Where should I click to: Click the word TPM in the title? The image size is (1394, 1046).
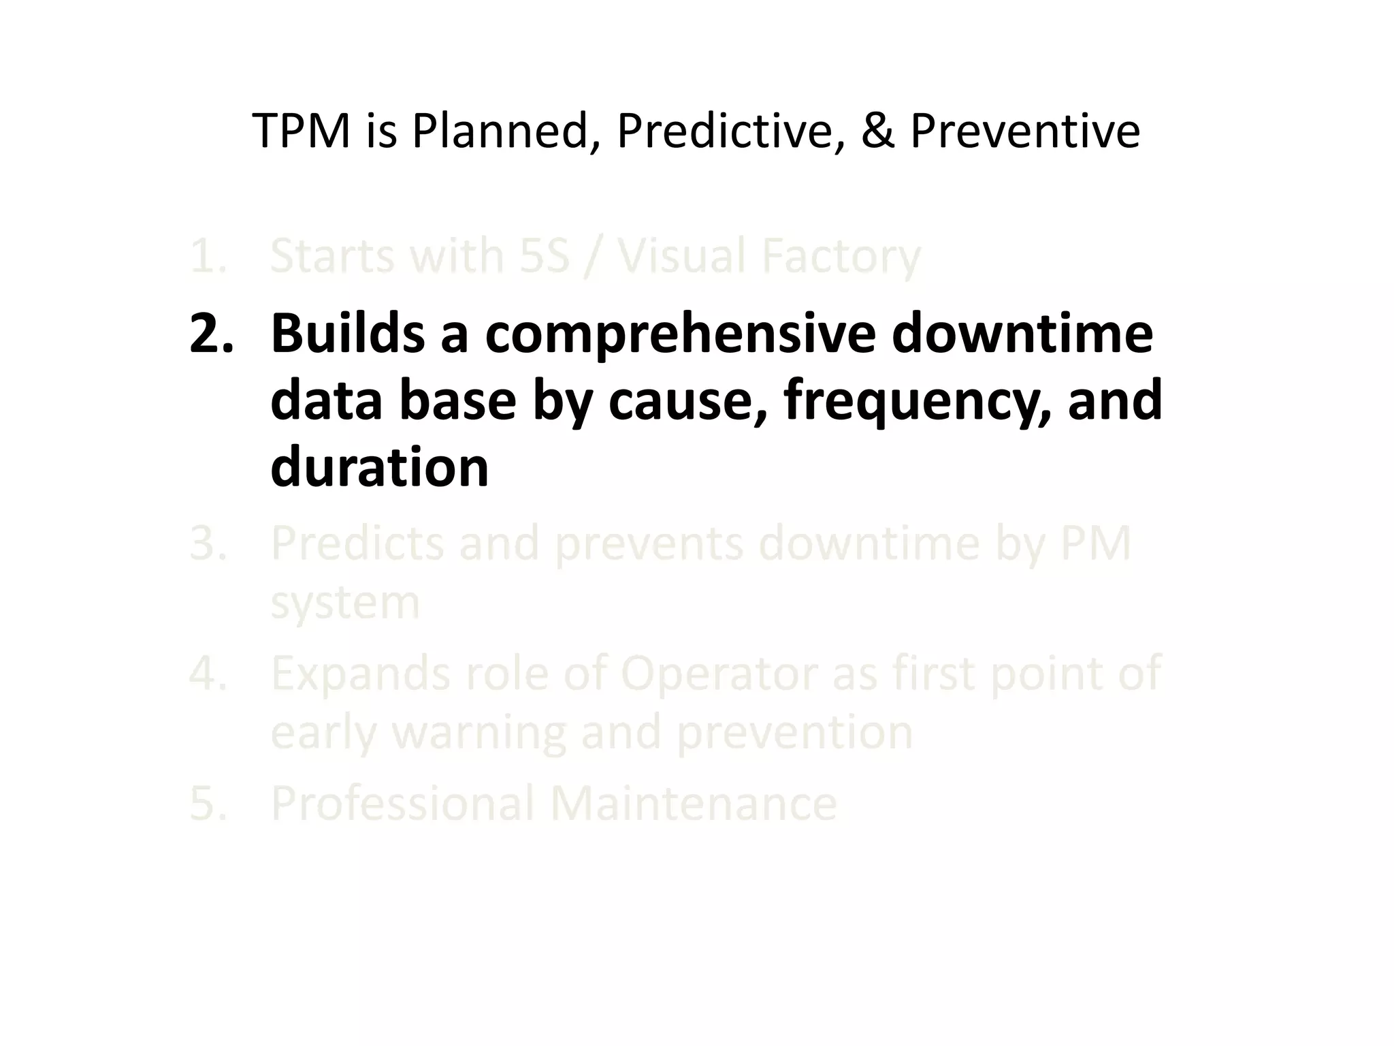pyautogui.click(x=301, y=131)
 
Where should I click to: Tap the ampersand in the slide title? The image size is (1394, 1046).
pyautogui.click(x=877, y=131)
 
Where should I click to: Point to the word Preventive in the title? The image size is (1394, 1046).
pyautogui.click(x=1024, y=131)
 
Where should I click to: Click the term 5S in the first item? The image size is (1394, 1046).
pyautogui.click(x=544, y=257)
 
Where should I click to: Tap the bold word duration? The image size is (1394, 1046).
pyautogui.click(x=379, y=468)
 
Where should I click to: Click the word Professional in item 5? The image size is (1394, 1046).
pyautogui.click(x=402, y=804)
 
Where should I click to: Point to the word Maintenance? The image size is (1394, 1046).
pyautogui.click(x=693, y=804)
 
